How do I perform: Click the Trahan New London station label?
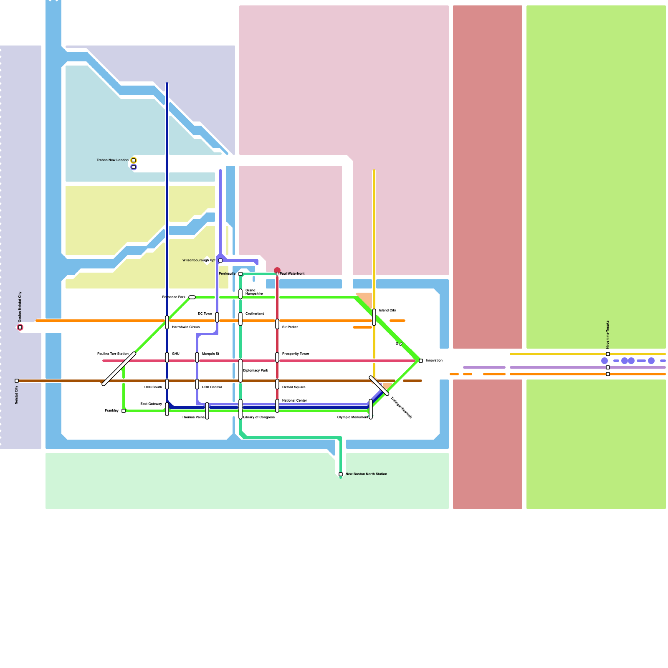[x=112, y=160]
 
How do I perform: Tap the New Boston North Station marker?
[x=341, y=474]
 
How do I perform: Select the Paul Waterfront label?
[x=292, y=273]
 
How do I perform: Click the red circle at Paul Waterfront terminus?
[x=277, y=271]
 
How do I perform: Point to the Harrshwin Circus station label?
[x=186, y=327]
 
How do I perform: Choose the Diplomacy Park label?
[x=256, y=370]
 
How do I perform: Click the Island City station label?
[x=387, y=310]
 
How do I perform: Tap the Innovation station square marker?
[x=421, y=361]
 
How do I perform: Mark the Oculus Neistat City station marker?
[x=20, y=327]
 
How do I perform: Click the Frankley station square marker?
[x=124, y=411]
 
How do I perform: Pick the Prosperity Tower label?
[x=296, y=354]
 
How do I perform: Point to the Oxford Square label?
[x=294, y=387]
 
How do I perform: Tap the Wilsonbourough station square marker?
[x=220, y=261]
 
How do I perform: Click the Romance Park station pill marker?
[x=192, y=297]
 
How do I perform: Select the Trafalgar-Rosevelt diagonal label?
[x=401, y=407]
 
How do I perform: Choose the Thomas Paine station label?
[x=193, y=417]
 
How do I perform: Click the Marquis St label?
[x=210, y=354]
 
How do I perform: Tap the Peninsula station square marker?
[x=240, y=274]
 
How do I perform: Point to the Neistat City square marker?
[x=17, y=381]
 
